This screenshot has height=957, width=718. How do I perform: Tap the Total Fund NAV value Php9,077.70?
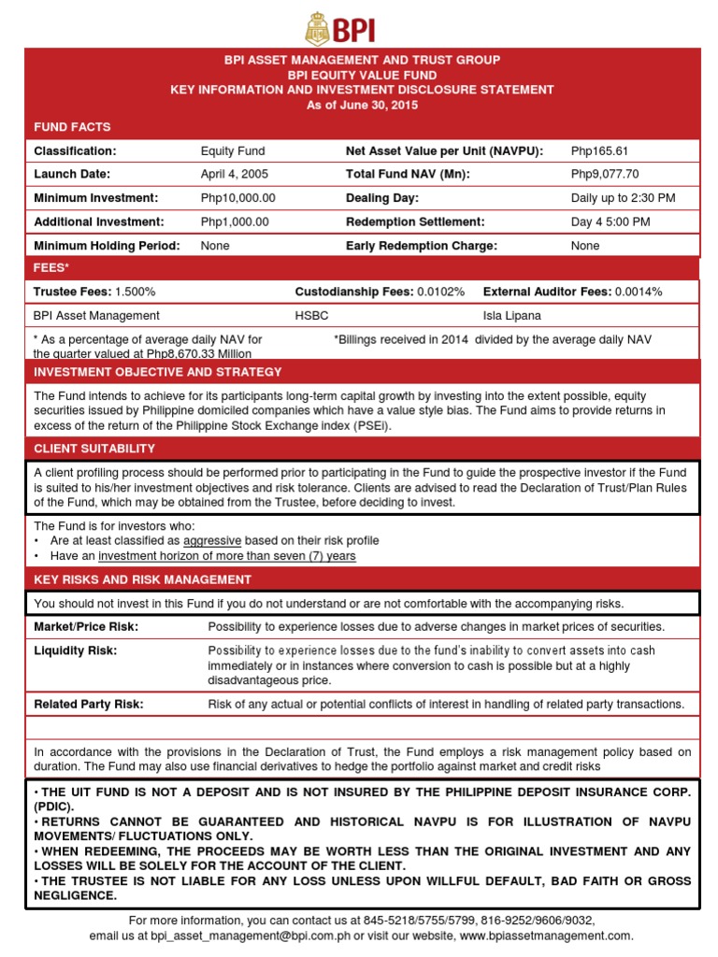click(605, 174)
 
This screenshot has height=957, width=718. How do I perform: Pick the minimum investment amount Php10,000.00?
click(238, 198)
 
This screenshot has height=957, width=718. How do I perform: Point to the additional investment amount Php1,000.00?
click(235, 221)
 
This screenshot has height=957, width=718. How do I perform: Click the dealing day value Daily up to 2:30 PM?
click(623, 198)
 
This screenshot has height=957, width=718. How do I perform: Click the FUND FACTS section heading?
click(72, 126)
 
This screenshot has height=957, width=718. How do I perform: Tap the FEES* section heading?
click(51, 268)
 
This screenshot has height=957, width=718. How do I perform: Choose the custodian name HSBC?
click(311, 316)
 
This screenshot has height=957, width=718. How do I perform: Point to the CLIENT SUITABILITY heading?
click(94, 449)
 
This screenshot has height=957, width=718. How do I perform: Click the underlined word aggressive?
click(212, 541)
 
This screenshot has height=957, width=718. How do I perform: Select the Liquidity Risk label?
click(77, 650)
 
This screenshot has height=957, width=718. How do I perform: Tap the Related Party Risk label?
click(89, 704)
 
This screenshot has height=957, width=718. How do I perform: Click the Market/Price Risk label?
click(85, 626)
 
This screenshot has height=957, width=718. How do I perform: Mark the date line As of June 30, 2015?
click(363, 105)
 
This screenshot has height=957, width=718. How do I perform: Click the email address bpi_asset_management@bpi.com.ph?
click(248, 936)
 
